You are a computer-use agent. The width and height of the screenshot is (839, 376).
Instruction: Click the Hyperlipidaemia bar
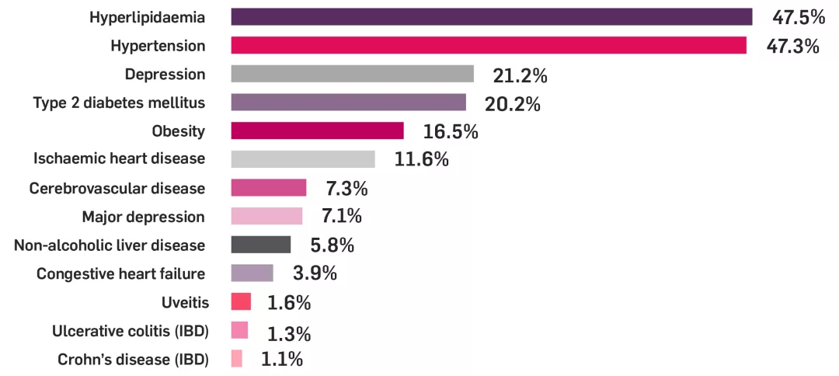coord(492,17)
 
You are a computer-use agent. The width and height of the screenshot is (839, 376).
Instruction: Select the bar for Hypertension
coord(489,46)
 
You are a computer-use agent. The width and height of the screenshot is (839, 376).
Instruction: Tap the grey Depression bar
coord(352,74)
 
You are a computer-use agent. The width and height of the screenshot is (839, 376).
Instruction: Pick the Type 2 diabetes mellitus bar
coord(348,103)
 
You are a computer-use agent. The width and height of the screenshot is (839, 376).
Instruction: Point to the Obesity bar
coord(317,131)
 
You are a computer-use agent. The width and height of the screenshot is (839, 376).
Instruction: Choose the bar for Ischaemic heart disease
coord(303,159)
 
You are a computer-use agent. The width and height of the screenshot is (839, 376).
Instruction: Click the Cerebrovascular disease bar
coord(269,187)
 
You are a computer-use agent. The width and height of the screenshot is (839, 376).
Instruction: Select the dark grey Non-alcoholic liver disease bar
coord(261,245)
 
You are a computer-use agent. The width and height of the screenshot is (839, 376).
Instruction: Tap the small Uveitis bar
coord(241,301)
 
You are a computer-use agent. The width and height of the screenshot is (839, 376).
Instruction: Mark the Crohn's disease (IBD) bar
coord(237,358)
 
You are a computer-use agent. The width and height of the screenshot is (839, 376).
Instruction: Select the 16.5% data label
coord(450,131)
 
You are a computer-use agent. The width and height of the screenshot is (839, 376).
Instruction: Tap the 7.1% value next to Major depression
coord(341,216)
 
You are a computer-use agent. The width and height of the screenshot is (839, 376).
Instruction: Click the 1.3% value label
coord(289,334)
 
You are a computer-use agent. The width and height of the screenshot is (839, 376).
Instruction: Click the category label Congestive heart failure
coord(120,273)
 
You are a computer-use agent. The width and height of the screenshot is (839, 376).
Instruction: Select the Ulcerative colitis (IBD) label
coord(130,331)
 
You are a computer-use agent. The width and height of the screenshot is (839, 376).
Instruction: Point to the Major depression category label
coord(143,217)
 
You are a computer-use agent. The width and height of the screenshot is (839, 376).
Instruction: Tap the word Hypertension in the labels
coord(158,46)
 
